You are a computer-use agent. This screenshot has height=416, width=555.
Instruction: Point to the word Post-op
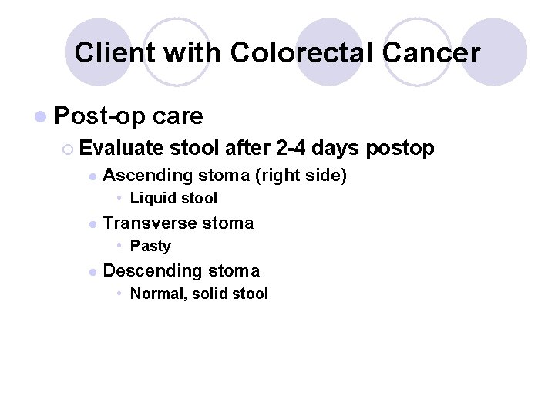101,116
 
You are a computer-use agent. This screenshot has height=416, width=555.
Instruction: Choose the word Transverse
150,223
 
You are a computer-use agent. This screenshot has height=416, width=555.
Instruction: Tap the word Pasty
150,247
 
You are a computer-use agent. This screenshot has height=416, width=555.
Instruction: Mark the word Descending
151,271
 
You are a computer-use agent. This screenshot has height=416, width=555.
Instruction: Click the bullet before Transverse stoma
92,224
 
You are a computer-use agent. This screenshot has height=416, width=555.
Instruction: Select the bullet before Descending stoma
92,272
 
